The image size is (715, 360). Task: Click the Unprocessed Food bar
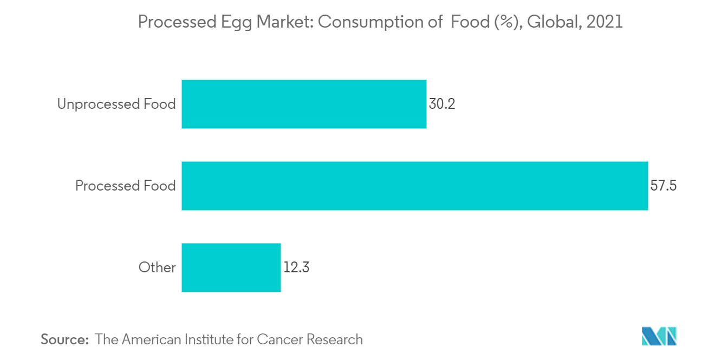(x=304, y=104)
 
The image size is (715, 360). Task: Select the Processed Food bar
(x=414, y=186)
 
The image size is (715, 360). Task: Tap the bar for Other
(x=231, y=267)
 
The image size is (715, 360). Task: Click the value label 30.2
(x=442, y=104)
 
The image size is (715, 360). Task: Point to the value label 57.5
(x=664, y=186)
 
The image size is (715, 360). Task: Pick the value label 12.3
(x=296, y=267)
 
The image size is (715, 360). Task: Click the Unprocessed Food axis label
(x=116, y=104)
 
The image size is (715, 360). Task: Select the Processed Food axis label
(x=125, y=186)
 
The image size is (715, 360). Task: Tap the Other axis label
(x=157, y=267)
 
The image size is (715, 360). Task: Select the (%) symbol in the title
(x=506, y=22)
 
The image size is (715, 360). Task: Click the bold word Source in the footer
(x=64, y=339)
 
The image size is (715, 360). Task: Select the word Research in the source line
(x=335, y=339)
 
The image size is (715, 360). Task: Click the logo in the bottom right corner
(x=659, y=336)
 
